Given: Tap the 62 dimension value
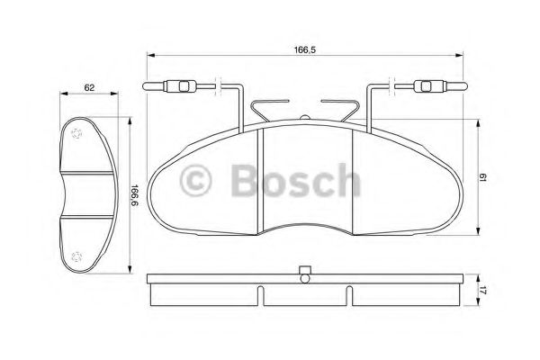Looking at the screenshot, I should [x=90, y=87].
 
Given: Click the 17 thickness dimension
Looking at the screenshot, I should [x=482, y=289].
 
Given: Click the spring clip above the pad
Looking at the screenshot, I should [x=304, y=112].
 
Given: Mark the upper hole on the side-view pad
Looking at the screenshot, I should [x=76, y=132].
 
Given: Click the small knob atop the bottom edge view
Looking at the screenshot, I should [x=304, y=269].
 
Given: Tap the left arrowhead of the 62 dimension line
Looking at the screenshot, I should [x=61, y=94].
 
